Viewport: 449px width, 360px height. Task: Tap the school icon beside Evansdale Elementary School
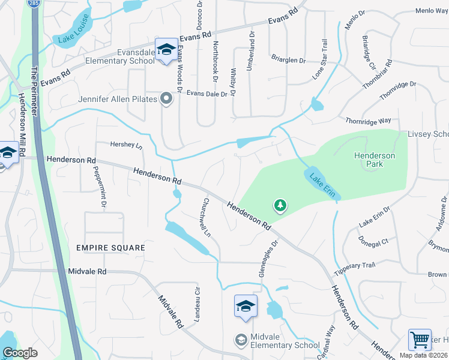click(x=166, y=49)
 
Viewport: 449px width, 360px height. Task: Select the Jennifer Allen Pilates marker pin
click(x=166, y=99)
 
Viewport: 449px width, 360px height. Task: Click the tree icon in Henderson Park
click(x=280, y=206)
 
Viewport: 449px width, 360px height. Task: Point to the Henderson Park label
click(x=375, y=159)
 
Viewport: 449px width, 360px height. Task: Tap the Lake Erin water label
click(x=323, y=185)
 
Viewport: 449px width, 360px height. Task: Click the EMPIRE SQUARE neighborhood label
click(x=110, y=248)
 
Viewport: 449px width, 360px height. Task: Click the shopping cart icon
click(x=420, y=340)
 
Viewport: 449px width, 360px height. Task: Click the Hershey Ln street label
click(x=127, y=145)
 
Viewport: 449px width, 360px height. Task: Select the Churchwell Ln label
click(x=208, y=217)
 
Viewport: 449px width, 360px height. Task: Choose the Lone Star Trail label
click(x=320, y=59)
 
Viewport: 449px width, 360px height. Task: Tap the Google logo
click(x=20, y=353)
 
